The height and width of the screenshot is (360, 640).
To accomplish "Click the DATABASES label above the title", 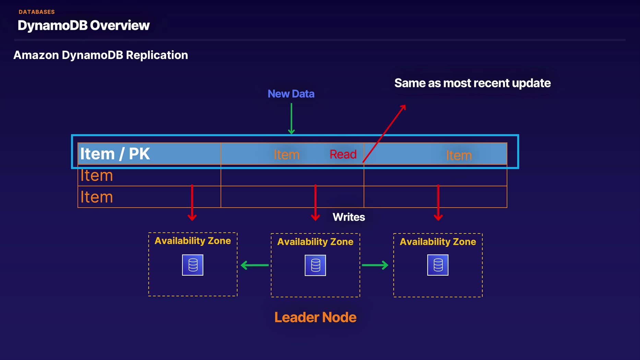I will click(x=36, y=12).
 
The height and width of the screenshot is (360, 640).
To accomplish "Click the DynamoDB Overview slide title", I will click(x=83, y=25).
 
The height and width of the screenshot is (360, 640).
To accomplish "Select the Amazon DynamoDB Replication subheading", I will click(x=100, y=55).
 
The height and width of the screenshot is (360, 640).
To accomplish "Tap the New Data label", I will click(x=291, y=94).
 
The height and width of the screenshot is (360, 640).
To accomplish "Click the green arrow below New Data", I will click(x=291, y=118).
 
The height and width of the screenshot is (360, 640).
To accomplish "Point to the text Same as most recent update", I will click(x=472, y=83).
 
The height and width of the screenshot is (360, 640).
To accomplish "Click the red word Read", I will click(x=343, y=154).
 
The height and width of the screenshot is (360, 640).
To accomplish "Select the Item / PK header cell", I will click(x=115, y=154).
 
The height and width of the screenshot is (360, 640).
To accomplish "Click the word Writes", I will click(x=348, y=217).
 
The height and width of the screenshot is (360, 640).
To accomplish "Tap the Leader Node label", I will click(x=315, y=317).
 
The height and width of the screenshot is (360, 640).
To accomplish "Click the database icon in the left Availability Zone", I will click(x=193, y=265).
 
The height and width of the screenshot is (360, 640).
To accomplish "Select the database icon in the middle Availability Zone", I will click(x=315, y=265).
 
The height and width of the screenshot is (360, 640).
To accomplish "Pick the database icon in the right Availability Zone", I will click(x=438, y=265).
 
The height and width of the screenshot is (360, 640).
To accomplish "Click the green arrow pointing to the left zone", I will click(x=255, y=265).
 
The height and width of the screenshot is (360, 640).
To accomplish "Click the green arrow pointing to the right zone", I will click(x=375, y=265).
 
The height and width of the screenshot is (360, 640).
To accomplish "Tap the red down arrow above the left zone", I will click(x=192, y=202).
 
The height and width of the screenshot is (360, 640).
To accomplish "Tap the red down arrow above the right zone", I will click(x=438, y=202).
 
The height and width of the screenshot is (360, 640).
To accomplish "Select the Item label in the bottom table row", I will click(x=96, y=197).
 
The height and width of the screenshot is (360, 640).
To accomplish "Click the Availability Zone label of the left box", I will click(x=192, y=241).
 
